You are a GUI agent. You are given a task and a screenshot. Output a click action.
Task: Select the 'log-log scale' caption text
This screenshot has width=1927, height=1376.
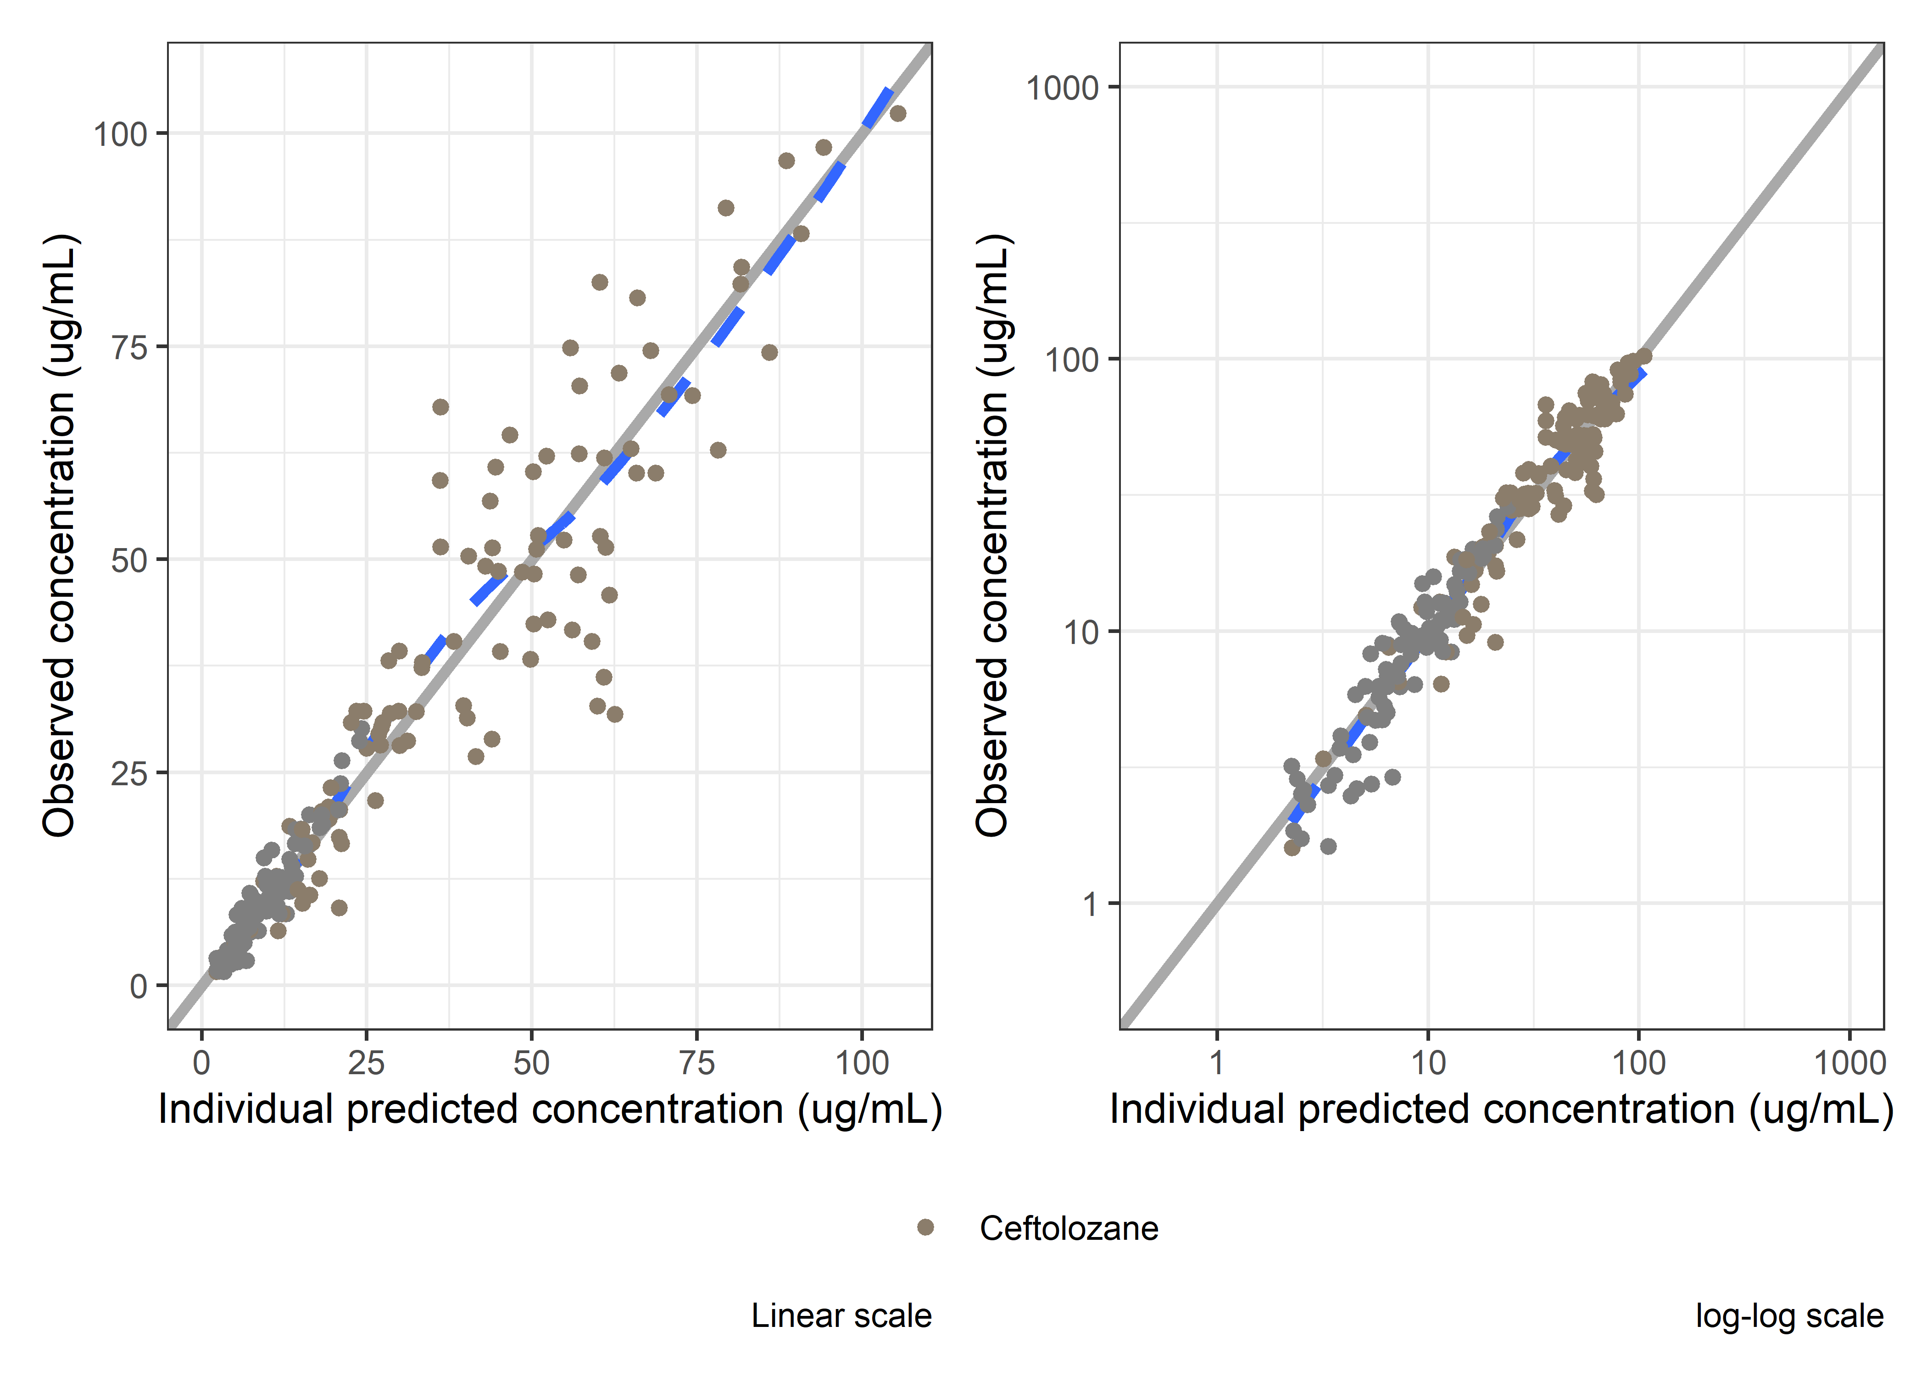[1789, 1316]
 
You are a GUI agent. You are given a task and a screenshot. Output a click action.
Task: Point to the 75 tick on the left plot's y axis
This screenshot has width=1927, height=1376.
[129, 347]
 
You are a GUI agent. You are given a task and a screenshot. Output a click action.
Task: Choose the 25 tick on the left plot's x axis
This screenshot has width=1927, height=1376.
[366, 1063]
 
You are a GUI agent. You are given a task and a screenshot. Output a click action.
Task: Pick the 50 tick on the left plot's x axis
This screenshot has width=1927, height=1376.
[531, 1063]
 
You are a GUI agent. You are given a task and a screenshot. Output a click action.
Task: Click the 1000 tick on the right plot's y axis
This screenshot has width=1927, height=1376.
[1062, 87]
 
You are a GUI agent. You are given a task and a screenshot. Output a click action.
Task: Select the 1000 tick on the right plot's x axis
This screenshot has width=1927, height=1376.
[1849, 1063]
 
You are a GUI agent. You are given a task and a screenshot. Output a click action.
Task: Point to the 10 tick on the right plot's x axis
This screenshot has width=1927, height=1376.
[1428, 1063]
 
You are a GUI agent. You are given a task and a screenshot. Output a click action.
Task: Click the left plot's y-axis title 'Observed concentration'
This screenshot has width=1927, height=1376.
[59, 535]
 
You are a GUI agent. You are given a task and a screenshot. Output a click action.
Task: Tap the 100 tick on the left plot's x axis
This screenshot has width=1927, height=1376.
[862, 1063]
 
